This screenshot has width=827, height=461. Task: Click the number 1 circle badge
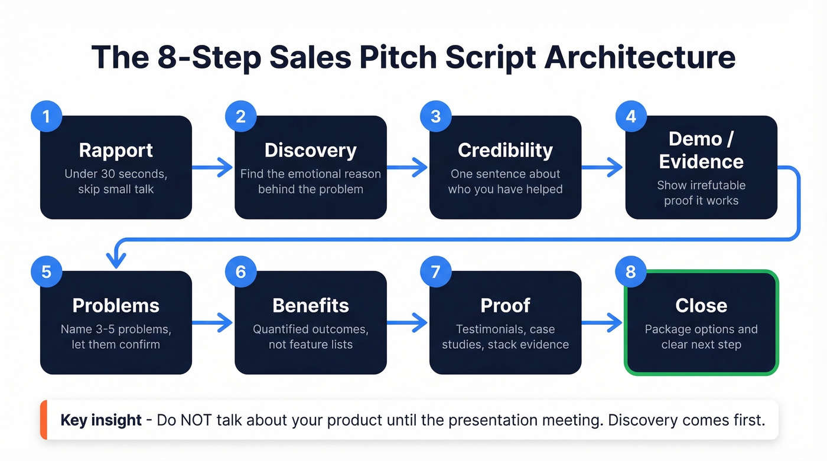click(x=46, y=116)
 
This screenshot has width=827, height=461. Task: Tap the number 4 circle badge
click(x=631, y=116)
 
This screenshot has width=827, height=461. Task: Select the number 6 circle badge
click(x=240, y=272)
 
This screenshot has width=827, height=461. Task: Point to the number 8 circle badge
click(x=631, y=272)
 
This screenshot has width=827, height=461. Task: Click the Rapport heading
click(x=116, y=150)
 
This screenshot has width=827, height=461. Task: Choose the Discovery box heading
click(x=310, y=150)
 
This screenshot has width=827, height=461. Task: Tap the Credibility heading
click(x=505, y=150)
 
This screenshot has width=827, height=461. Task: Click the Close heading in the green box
click(x=701, y=305)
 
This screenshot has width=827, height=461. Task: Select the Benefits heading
click(x=310, y=305)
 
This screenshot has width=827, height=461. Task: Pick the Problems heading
click(x=116, y=305)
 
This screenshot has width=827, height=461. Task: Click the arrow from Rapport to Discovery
click(x=213, y=168)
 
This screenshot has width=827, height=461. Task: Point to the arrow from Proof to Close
click(x=603, y=323)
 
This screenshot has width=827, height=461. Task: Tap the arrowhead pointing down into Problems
click(x=116, y=260)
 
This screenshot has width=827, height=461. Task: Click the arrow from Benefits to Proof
click(x=408, y=323)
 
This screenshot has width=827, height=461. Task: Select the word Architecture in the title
click(x=640, y=57)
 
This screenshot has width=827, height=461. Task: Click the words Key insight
click(x=101, y=420)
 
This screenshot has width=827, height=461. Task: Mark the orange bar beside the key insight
click(x=43, y=420)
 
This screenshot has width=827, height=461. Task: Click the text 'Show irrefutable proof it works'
click(x=701, y=193)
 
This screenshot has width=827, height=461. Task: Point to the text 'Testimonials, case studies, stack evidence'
click(x=505, y=337)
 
